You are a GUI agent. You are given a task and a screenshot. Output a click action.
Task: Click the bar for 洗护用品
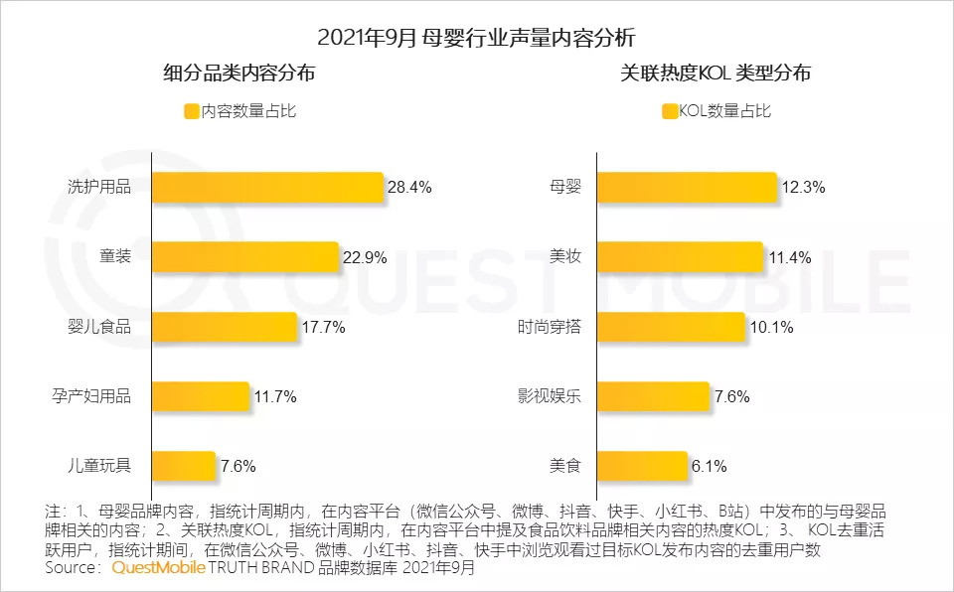click(267, 187)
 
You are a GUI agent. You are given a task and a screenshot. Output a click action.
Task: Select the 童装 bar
click(245, 256)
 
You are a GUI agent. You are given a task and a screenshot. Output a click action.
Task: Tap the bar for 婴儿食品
click(225, 326)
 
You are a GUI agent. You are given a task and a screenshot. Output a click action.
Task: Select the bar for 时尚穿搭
click(671, 326)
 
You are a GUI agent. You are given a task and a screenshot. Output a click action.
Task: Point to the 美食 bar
click(642, 465)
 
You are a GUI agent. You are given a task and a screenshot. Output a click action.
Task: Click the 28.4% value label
click(409, 187)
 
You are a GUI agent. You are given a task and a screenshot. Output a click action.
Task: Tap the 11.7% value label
click(274, 396)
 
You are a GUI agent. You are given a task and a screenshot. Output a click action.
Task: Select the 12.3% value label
click(803, 187)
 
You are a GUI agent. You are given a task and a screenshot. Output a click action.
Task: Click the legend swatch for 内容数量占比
click(191, 111)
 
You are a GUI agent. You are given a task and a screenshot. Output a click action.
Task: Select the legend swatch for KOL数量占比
click(669, 111)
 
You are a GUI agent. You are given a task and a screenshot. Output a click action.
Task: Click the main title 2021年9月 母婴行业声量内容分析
click(476, 38)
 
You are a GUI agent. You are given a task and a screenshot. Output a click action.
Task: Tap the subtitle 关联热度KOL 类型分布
click(715, 74)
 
